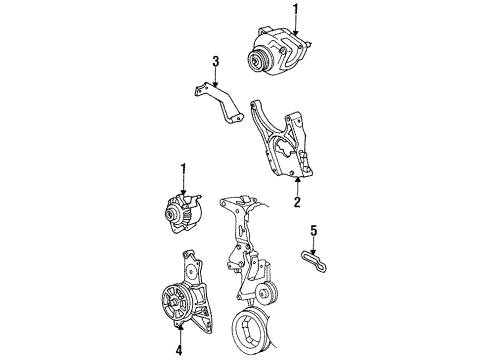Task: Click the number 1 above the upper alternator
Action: tap(295, 9)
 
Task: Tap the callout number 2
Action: tap(296, 201)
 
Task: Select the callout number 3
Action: tap(214, 65)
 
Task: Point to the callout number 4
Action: tap(180, 351)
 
